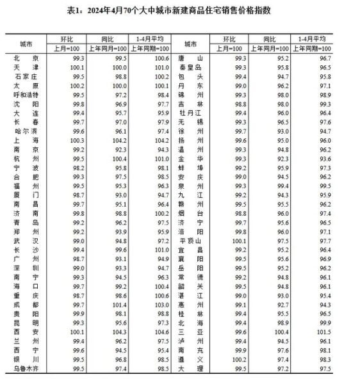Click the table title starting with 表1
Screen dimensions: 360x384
click(179, 11)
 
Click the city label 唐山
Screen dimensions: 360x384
click(191, 58)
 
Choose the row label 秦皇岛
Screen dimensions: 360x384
click(191, 67)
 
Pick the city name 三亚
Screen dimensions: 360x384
click(191, 333)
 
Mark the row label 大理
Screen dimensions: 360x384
click(191, 370)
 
